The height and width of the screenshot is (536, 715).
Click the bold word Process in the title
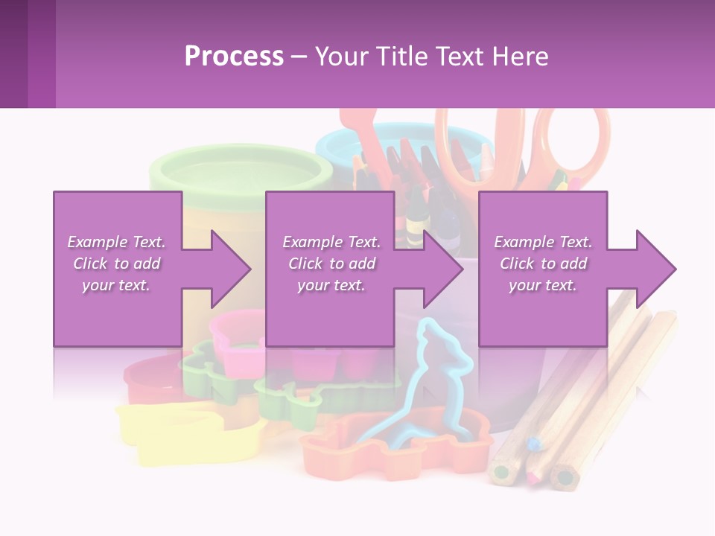click(x=234, y=57)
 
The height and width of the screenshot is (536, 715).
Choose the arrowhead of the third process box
click(x=656, y=269)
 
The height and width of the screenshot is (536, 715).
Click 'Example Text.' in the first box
click(x=116, y=242)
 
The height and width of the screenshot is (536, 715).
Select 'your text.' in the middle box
click(x=331, y=285)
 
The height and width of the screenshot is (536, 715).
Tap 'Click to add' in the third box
click(x=543, y=264)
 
